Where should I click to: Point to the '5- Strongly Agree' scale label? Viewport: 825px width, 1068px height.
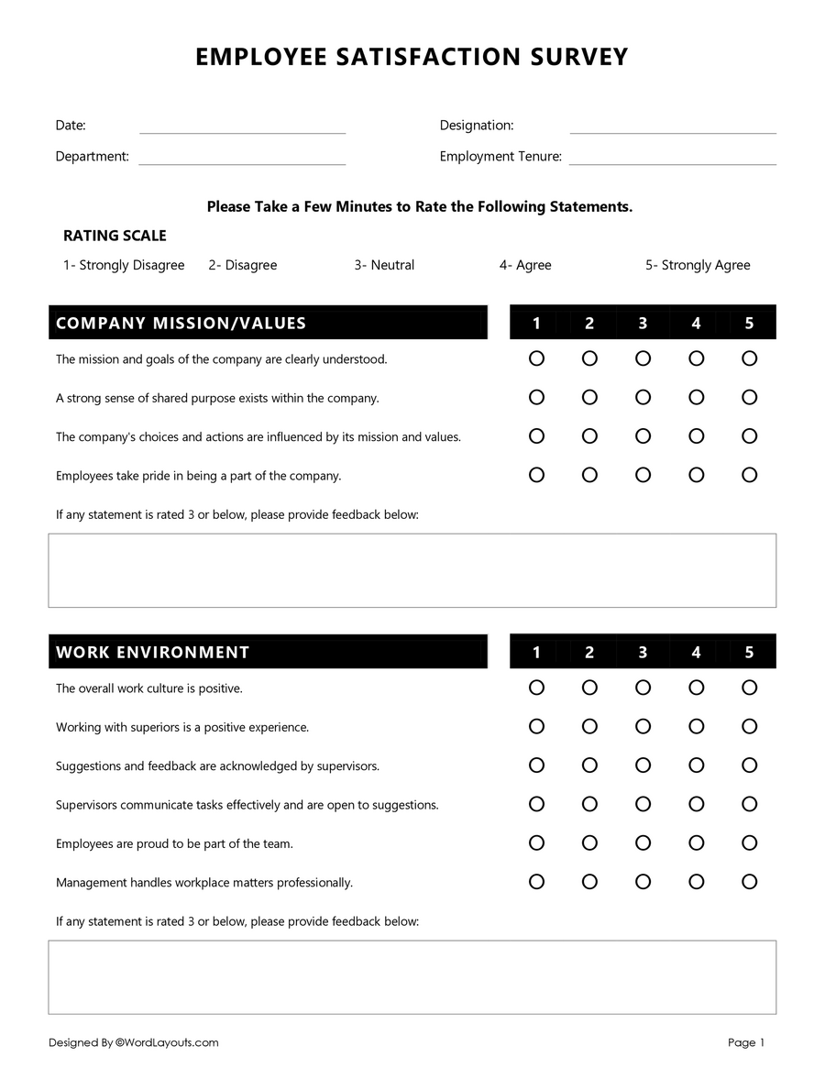pos(697,265)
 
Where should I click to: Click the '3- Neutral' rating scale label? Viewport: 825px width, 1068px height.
pos(384,265)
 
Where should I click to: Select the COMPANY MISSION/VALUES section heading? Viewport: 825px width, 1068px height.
pos(181,323)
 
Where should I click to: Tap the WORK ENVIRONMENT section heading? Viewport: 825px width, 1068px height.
pos(152,652)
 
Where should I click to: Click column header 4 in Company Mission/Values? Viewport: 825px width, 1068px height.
pos(696,323)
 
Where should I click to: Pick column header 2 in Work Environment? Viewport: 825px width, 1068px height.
pos(589,652)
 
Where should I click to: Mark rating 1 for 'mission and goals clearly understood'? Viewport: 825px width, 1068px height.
pos(536,358)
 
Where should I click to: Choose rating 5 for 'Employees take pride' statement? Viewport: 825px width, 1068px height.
pos(749,475)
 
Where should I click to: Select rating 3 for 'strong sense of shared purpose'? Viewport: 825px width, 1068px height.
pos(643,397)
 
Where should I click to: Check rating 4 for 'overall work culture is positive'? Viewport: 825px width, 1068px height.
pos(696,688)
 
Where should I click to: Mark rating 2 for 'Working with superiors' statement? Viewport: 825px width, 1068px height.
pos(589,726)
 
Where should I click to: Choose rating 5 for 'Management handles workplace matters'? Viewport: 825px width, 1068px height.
pos(749,882)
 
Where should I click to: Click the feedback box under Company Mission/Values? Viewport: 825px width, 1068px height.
pos(412,570)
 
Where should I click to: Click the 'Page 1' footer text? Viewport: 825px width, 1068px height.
pos(745,1042)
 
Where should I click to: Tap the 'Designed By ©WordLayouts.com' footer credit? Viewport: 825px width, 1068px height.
pos(134,1042)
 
